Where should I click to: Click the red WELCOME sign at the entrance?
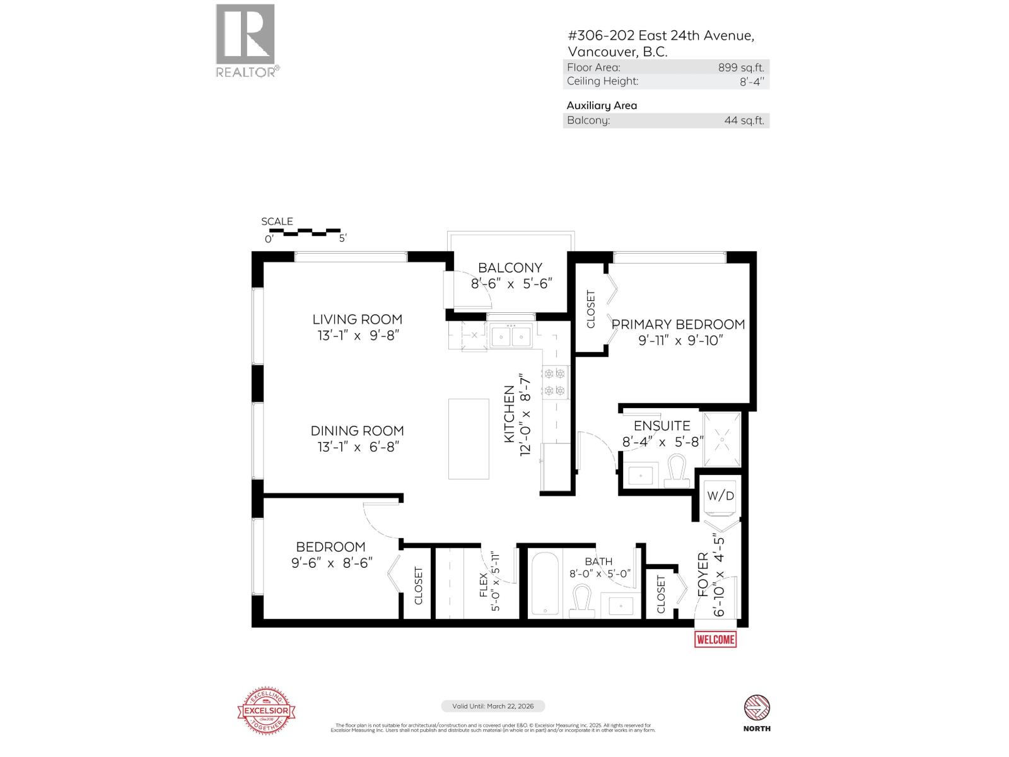point(715,639)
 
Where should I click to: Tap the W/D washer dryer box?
point(720,496)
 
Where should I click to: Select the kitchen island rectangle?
point(469,439)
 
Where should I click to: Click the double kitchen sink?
point(511,336)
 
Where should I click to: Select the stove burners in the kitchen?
point(556,382)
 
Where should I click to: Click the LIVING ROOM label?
point(358,319)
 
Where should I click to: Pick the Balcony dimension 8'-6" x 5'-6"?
point(511,283)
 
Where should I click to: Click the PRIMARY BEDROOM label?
point(678,324)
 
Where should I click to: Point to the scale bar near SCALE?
point(304,232)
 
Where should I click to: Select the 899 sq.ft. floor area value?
point(740,67)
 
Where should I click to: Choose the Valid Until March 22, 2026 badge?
point(492,707)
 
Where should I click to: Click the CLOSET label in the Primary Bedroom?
point(591,309)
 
